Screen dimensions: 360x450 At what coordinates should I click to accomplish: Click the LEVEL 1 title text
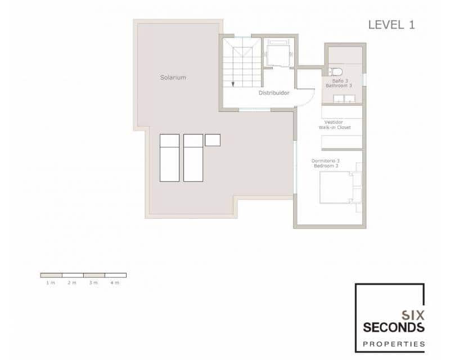pyautogui.click(x=391, y=25)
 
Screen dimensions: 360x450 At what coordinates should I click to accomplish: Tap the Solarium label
pyautogui.click(x=173, y=78)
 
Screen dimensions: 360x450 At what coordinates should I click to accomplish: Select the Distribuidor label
pyautogui.click(x=274, y=93)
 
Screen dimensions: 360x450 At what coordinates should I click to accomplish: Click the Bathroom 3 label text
pyautogui.click(x=339, y=86)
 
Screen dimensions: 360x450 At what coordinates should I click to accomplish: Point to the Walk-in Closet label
pyautogui.click(x=335, y=128)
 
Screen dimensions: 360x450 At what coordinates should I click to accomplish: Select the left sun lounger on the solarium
pyautogui.click(x=169, y=157)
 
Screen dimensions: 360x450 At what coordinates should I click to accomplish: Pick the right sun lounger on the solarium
pyautogui.click(x=193, y=157)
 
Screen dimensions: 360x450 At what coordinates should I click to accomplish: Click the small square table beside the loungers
pyautogui.click(x=213, y=139)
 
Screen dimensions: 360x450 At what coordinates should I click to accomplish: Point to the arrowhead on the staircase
pyautogui.click(x=232, y=84)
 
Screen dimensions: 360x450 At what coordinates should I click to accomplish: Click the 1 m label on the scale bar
pyautogui.click(x=51, y=282)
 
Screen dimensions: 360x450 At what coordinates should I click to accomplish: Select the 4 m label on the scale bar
pyautogui.click(x=115, y=282)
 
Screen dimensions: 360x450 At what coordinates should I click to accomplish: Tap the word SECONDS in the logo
pyautogui.click(x=394, y=327)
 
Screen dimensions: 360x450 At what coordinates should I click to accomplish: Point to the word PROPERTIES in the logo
pyautogui.click(x=394, y=343)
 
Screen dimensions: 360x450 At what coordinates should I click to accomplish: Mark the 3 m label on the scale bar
pyautogui.click(x=93, y=282)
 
